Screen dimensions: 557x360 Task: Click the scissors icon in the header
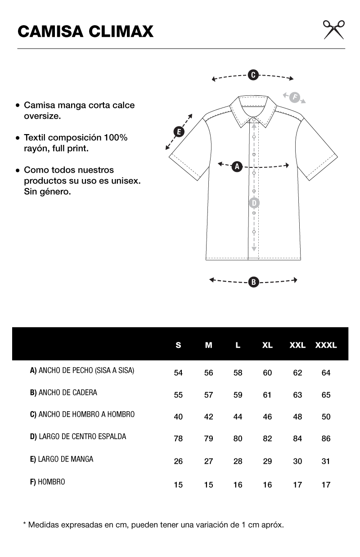pos(333,30)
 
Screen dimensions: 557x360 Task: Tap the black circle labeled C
pos(253,75)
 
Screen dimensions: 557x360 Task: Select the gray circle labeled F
pos(294,97)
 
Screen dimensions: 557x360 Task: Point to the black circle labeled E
pos(179,132)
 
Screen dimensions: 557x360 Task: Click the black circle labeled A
pos(237,166)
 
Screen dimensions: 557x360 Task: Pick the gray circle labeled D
pos(254,202)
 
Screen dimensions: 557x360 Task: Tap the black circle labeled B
pos(253,282)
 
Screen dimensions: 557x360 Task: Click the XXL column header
pos(297,346)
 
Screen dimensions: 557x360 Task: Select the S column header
pos(178,346)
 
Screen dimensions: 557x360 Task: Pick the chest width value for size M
pos(208,373)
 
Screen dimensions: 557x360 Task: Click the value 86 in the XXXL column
pos(326,439)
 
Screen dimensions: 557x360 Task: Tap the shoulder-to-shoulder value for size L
pos(238,417)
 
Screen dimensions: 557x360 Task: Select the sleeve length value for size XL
pos(267,461)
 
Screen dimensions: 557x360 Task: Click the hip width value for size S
pos(178,395)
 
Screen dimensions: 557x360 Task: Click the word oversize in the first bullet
pos(42,116)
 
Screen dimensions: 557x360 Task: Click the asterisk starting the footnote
pos(24,524)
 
